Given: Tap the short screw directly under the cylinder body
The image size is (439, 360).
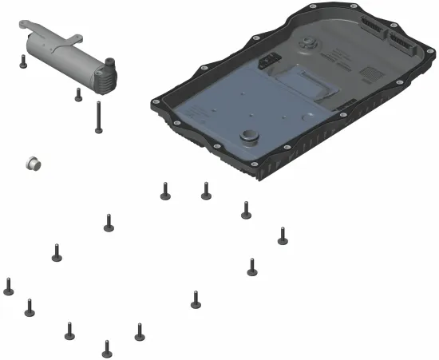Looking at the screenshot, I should [x=78, y=95].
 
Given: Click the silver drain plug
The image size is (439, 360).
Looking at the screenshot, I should [x=34, y=163].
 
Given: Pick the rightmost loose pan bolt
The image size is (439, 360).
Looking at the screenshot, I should [x=282, y=236].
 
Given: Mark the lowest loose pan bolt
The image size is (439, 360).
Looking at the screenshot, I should [x=107, y=348].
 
